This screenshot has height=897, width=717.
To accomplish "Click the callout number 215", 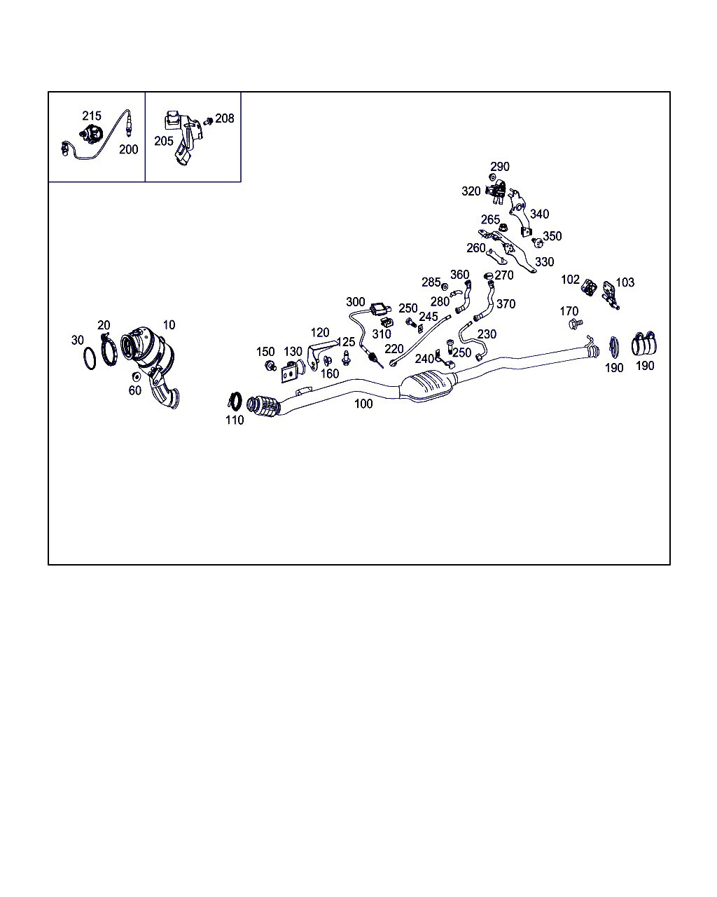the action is click(x=92, y=116).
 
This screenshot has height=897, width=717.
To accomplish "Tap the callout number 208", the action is click(x=225, y=118).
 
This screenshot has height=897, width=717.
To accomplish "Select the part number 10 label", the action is click(x=169, y=324).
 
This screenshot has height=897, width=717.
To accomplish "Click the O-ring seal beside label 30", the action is click(x=90, y=359).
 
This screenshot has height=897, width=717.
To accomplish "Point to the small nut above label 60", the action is click(x=135, y=377).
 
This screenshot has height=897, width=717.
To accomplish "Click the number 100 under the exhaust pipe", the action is click(x=363, y=404).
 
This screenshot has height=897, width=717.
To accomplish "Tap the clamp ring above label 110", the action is click(x=235, y=401).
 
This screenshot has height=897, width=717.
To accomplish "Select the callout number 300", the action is click(x=356, y=302).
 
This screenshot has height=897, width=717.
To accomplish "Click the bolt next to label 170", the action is click(x=576, y=324).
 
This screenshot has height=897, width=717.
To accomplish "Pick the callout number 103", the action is click(x=625, y=282).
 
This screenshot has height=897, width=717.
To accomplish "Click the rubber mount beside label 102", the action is click(x=589, y=287).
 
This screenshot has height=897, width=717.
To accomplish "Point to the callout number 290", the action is click(x=500, y=167).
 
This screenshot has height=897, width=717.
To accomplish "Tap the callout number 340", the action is click(x=540, y=214).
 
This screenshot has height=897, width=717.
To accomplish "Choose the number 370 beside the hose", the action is click(x=506, y=304).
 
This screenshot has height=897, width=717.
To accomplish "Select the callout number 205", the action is click(x=164, y=142).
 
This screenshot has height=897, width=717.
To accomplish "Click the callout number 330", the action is click(x=545, y=262).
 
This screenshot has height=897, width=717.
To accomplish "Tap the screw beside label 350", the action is click(x=537, y=242).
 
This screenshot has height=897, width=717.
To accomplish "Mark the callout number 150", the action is click(x=265, y=352).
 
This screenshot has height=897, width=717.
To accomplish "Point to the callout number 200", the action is click(x=128, y=149).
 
